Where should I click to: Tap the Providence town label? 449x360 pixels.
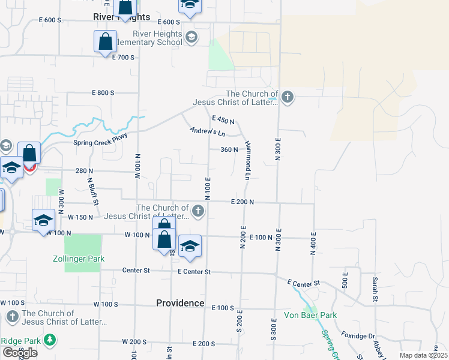[180, 303]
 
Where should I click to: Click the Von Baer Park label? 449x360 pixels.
[310, 315]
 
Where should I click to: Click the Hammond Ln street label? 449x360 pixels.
[247, 160]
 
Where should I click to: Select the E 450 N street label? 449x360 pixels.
[223, 120]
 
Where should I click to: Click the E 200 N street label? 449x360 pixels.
[243, 202]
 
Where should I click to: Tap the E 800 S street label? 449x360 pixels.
[103, 92]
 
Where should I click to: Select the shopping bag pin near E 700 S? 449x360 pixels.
[105, 42]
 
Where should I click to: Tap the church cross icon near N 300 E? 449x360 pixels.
[288, 97]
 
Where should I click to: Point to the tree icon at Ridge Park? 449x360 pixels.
[50, 341]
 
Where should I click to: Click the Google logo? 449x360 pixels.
[20, 353]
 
